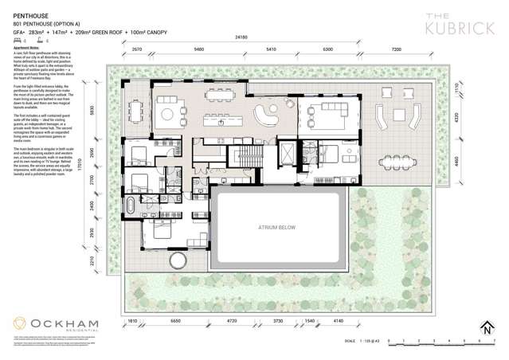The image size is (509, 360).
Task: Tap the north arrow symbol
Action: [x=486, y=327]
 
